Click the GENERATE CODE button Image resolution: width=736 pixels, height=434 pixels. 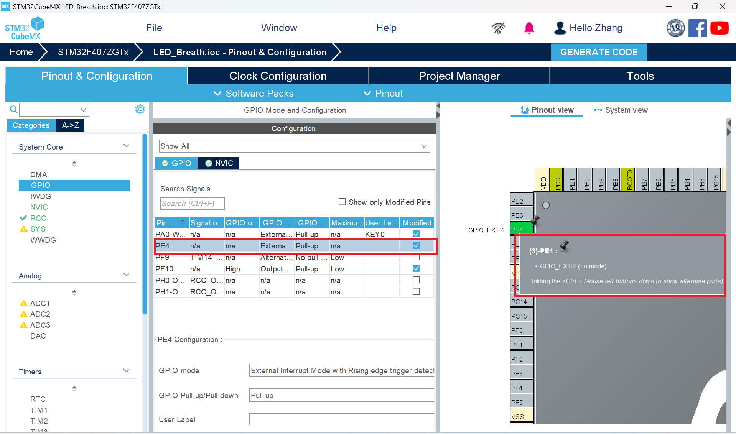pos(598,52)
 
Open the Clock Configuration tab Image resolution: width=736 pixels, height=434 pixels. pos(278,76)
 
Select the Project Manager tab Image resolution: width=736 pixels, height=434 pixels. pos(459,76)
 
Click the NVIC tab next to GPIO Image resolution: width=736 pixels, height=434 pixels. pos(219,163)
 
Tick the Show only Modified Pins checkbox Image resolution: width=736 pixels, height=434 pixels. pos(342,202)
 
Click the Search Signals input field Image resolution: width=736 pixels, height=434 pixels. pos(192,204)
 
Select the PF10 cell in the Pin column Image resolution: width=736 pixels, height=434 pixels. pos(171,269)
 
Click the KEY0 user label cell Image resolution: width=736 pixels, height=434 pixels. pos(381,234)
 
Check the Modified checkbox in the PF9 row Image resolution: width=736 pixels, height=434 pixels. pos(416,257)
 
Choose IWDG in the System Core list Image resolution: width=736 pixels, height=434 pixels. pos(41,196)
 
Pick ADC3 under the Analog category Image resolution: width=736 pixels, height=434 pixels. pos(40,325)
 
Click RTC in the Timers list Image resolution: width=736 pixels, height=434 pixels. pos(38,399)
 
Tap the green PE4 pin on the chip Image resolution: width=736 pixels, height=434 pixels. pos(520,230)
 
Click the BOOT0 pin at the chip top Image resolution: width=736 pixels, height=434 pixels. pos(629,179)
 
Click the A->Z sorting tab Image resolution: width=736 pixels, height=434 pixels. pos(70,125)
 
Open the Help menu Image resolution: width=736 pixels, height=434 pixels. pos(386,28)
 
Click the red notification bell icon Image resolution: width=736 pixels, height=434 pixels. pos(529,28)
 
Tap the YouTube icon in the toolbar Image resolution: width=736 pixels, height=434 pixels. pos(719,28)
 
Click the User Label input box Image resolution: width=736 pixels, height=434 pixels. pos(341,419)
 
